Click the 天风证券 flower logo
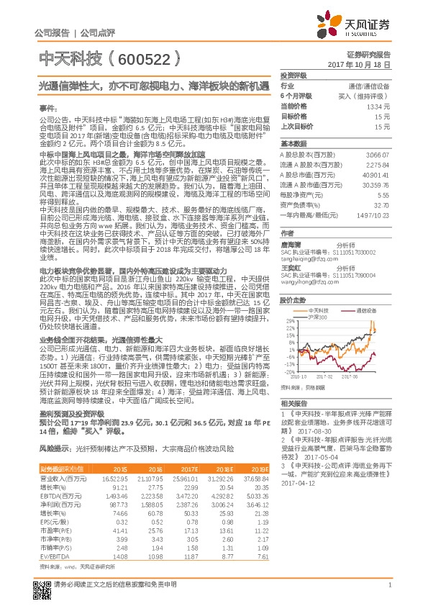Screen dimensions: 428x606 332,23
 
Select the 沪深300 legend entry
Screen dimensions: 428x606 319,317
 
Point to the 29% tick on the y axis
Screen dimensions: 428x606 289,321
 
